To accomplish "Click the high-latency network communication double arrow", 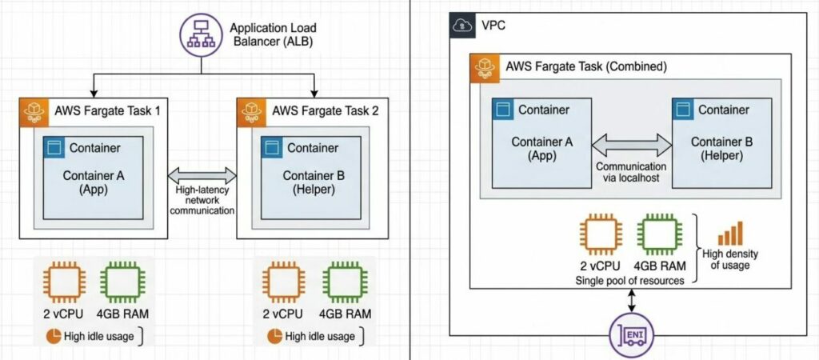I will [x=204, y=175].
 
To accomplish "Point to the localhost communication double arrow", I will [x=632, y=144].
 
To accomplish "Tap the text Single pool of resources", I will [x=629, y=282].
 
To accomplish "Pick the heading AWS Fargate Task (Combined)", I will [x=585, y=66].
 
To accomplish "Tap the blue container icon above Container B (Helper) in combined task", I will [x=682, y=109].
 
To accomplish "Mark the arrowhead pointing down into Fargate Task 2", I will [x=315, y=90].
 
